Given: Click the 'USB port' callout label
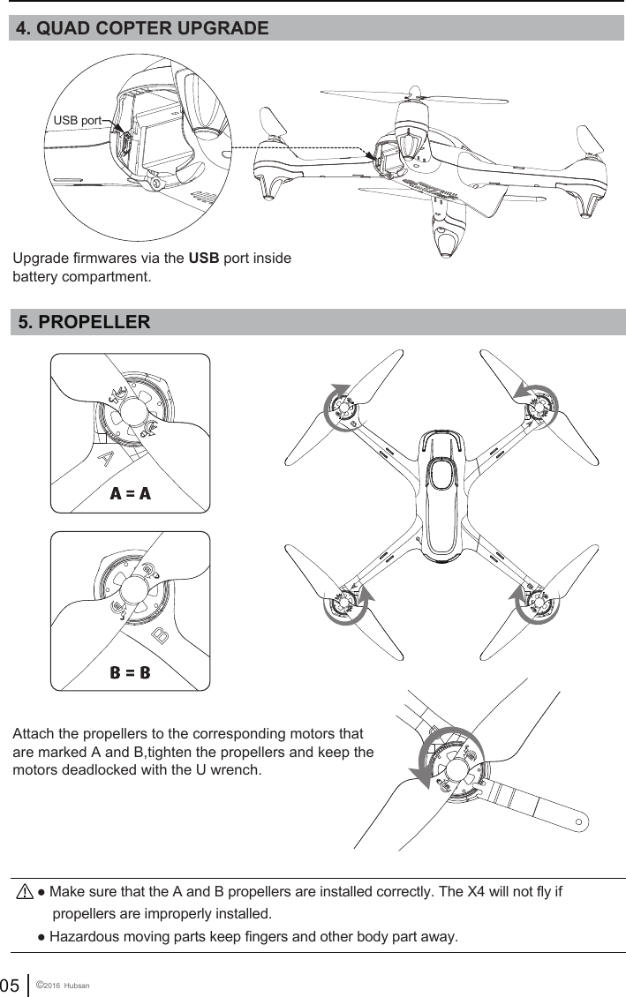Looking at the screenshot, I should click(77, 119).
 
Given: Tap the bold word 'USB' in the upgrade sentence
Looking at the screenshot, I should click(204, 259).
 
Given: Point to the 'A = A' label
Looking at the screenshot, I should click(131, 493).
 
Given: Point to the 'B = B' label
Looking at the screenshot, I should click(131, 672).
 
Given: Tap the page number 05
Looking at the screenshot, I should click(11, 984).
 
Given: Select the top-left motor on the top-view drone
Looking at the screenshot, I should click(344, 407).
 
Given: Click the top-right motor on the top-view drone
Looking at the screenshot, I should click(538, 406).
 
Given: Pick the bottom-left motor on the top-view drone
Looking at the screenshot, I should click(345, 603).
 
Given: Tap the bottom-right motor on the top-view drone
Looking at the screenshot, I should click(538, 603).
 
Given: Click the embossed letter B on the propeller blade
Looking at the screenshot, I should click(161, 634).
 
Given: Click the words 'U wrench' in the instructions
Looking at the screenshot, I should click(231, 770).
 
